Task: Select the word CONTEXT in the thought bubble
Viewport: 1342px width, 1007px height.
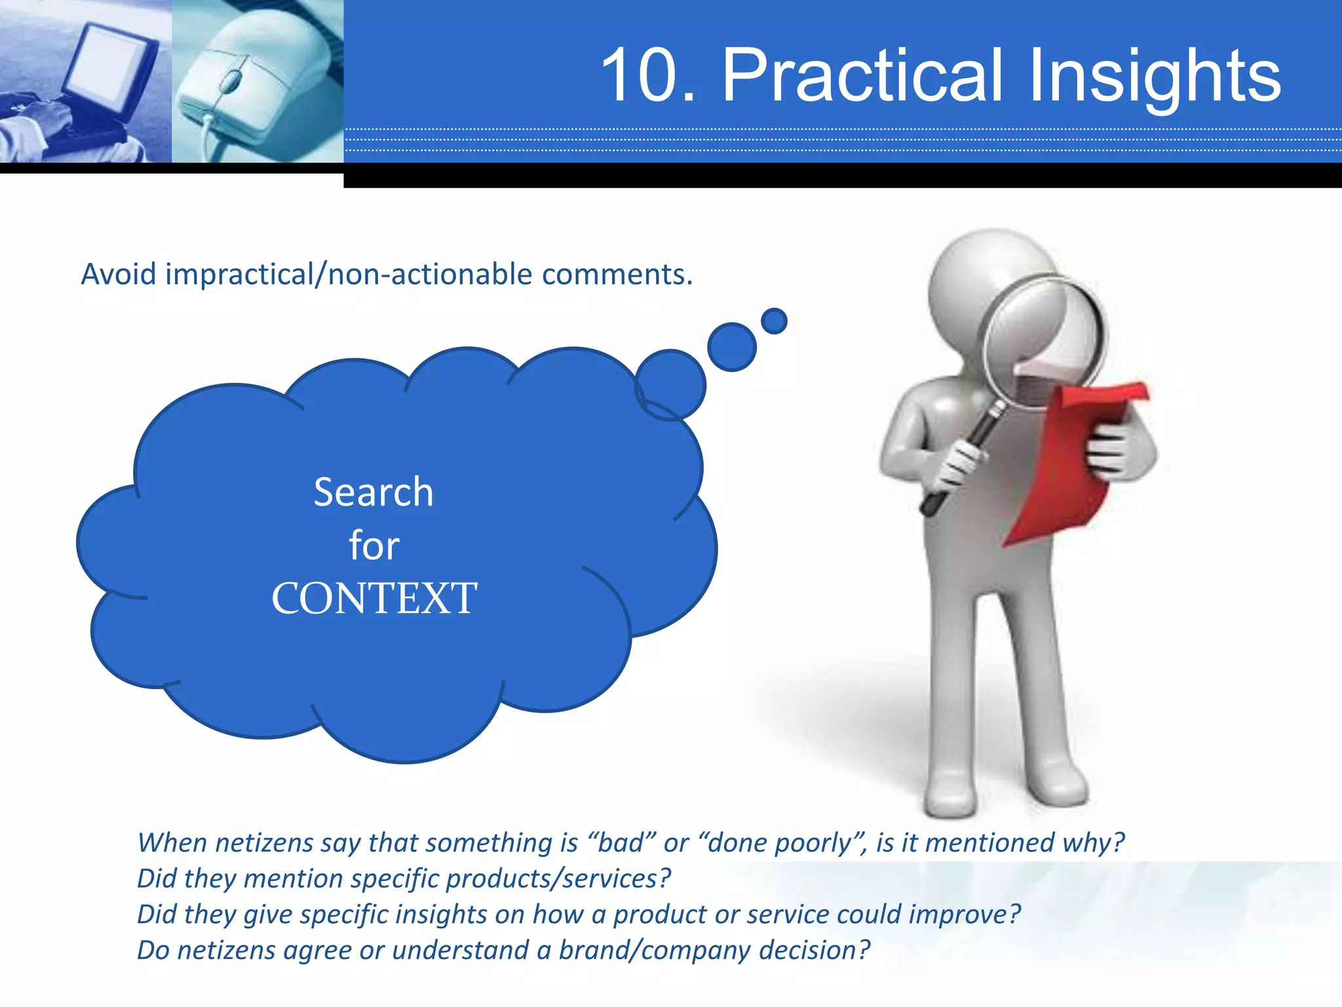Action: [x=374, y=598]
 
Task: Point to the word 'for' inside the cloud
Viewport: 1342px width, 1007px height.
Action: [x=374, y=545]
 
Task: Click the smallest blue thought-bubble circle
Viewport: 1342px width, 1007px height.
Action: [x=774, y=321]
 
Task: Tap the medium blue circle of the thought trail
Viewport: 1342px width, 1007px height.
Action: [x=732, y=347]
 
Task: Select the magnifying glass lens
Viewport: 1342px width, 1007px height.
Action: [x=1042, y=341]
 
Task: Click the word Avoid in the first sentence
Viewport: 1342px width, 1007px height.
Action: [x=119, y=274]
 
